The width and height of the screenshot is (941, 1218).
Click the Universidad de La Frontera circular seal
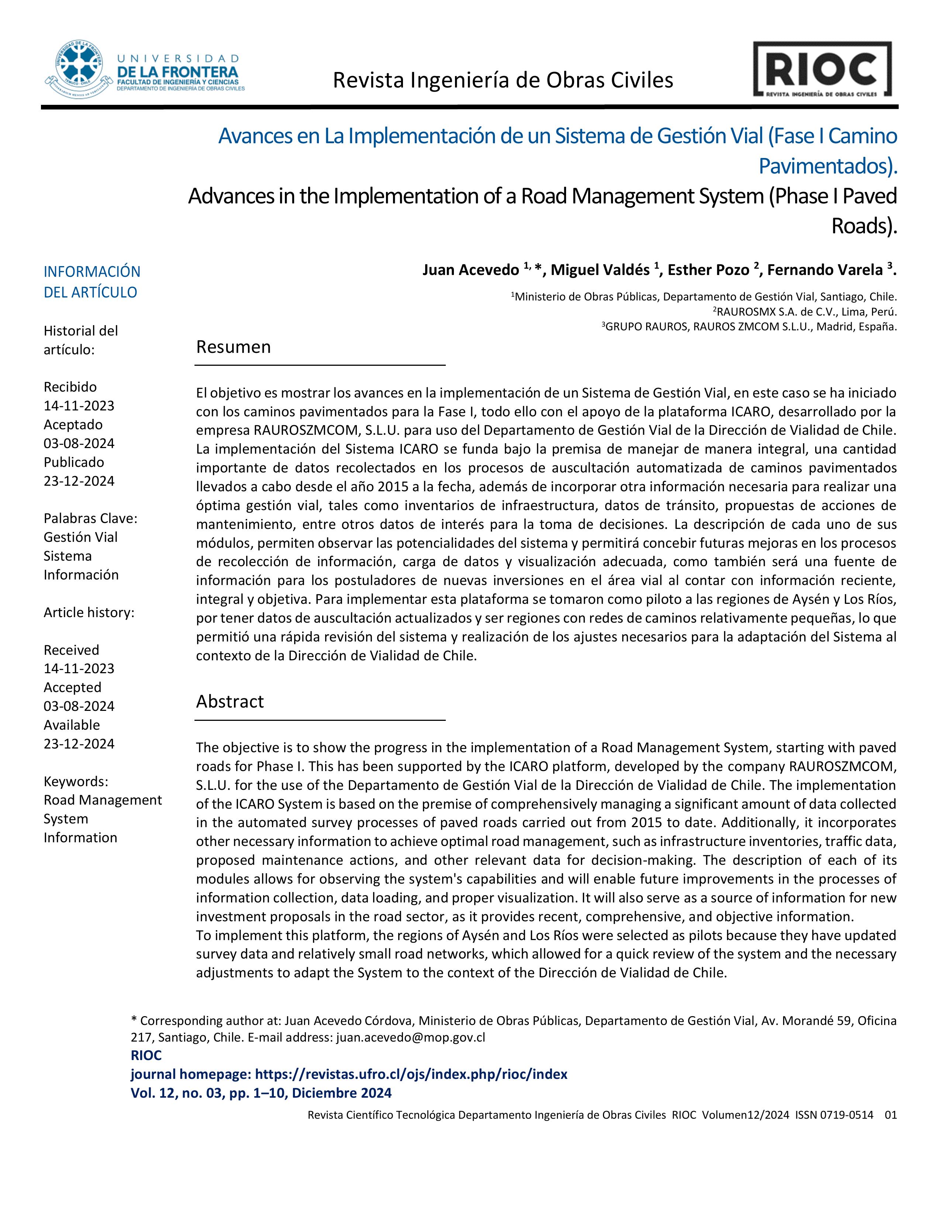click(x=79, y=69)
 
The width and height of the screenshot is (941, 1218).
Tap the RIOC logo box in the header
click(x=822, y=70)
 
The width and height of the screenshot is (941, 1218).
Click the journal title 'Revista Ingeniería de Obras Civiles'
click(x=503, y=81)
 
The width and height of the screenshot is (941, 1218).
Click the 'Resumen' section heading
click(x=233, y=347)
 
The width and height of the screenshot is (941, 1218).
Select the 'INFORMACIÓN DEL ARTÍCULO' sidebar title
click(x=92, y=282)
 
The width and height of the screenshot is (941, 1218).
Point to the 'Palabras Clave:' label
click(x=90, y=518)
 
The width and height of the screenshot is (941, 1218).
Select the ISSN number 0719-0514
click(x=834, y=1115)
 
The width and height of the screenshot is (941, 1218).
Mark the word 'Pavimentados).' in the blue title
click(x=828, y=166)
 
